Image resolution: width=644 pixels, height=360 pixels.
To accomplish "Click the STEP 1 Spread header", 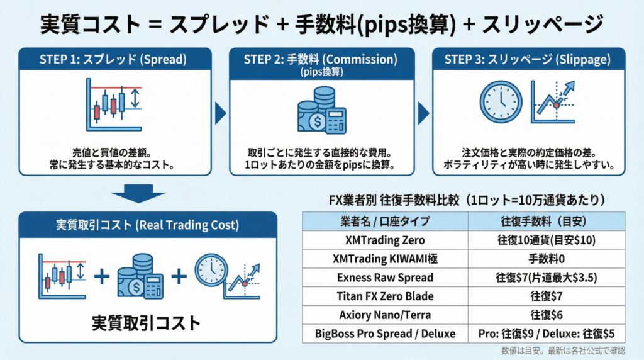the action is coord(115,59).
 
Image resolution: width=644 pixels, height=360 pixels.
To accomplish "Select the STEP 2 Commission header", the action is coord(321,64).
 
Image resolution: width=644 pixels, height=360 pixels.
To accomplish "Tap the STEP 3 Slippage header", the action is coord(528,59).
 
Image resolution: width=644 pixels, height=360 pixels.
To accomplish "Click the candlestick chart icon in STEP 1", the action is coord(114,105).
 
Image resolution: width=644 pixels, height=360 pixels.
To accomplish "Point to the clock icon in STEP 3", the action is coord(501,102).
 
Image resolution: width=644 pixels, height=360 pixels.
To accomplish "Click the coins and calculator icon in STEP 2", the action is coord(322,110).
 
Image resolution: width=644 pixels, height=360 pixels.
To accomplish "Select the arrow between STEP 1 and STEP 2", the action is coord(220,113).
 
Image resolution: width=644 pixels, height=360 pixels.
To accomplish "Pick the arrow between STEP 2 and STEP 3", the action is coord(423,113).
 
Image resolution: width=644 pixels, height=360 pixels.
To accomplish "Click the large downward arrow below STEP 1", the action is coord(138,194).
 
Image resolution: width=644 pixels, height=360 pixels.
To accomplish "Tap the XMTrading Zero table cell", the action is coord(386,240).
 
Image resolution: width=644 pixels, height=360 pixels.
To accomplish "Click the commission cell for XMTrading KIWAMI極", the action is coord(547,259).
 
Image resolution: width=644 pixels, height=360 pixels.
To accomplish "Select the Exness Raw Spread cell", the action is coord(386,278).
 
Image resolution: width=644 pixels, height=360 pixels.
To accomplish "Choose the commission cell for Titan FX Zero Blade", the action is coord(547,296).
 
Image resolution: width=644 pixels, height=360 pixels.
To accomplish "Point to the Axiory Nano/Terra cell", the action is coord(386,315).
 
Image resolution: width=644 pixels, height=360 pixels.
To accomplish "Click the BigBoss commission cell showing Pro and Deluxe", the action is coord(547,334).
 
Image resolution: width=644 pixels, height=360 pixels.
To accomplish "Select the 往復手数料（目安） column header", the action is coord(547,222).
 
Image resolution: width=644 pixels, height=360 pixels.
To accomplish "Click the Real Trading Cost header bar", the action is coord(148,225).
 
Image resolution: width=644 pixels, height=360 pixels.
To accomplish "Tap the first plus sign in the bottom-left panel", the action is coord(102,276).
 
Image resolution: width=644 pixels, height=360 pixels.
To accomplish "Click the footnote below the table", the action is coord(563,351).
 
